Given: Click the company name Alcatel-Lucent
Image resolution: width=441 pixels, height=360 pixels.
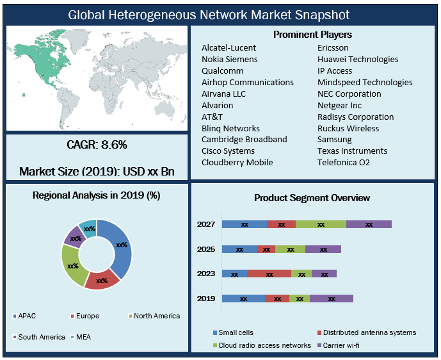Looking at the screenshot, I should (229, 48).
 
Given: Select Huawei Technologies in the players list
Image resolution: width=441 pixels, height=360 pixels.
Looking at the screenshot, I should (358, 60).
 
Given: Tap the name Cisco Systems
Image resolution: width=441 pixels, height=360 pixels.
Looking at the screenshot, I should (228, 151).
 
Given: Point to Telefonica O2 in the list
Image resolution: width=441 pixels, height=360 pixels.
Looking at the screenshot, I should (344, 163).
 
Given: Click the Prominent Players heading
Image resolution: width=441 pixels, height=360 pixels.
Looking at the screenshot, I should (312, 35).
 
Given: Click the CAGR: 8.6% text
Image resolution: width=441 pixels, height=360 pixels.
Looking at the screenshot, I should (97, 145).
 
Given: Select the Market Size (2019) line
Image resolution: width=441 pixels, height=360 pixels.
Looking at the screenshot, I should (97, 172).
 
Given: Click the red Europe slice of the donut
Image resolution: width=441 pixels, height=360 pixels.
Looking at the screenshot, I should (102, 279).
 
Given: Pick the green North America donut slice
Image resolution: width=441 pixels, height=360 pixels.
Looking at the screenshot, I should (72, 265).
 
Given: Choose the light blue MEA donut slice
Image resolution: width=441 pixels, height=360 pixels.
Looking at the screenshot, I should (89, 229).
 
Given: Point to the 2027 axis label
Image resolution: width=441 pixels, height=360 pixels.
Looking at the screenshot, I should (205, 225).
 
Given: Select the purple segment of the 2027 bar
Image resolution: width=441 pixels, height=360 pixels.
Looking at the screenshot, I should (369, 225).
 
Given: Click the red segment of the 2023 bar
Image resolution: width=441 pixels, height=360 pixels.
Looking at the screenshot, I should (269, 274).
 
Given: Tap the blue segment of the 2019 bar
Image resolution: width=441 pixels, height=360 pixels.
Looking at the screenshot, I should (243, 299).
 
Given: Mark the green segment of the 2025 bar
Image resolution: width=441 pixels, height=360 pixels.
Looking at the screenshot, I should (290, 249).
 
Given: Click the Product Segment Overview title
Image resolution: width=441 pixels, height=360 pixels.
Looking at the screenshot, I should (312, 198).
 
